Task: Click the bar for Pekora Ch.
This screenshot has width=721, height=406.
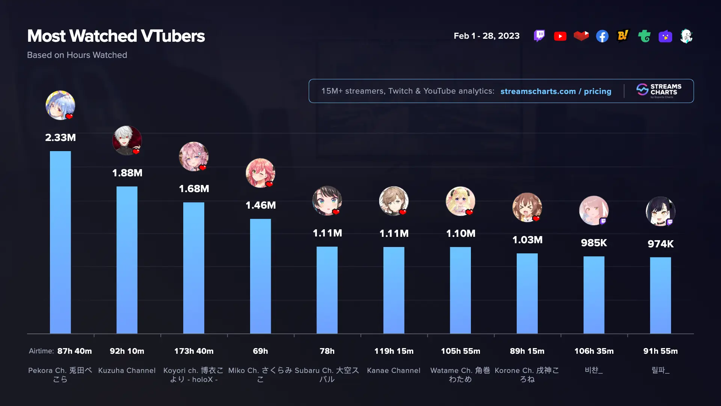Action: (x=60, y=242)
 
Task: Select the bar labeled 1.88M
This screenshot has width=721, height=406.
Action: (x=127, y=260)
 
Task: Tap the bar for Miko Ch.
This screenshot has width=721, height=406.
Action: (x=260, y=276)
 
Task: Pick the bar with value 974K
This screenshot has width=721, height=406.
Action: (x=660, y=295)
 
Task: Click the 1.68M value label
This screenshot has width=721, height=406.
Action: (x=194, y=189)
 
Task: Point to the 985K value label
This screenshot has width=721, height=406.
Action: (x=594, y=243)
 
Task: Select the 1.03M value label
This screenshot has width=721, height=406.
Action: (x=527, y=240)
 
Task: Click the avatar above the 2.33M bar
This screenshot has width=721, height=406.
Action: (x=60, y=105)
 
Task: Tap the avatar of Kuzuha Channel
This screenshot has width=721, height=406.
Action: (x=127, y=141)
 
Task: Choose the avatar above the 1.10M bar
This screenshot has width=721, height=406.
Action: (x=460, y=201)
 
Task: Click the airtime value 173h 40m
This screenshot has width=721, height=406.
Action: (x=194, y=351)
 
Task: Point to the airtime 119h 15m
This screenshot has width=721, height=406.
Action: (x=394, y=351)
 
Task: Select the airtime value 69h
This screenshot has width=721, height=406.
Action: (x=260, y=351)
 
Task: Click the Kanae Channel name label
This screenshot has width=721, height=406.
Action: (x=394, y=371)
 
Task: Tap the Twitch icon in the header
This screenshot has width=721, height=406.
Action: (x=539, y=36)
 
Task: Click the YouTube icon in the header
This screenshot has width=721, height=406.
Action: (x=560, y=36)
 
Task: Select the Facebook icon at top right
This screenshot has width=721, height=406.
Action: (x=602, y=36)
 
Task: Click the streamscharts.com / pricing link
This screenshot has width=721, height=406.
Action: (x=556, y=91)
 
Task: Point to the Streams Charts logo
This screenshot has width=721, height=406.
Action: (x=659, y=91)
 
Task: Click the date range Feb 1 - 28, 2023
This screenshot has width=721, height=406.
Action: (x=486, y=36)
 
